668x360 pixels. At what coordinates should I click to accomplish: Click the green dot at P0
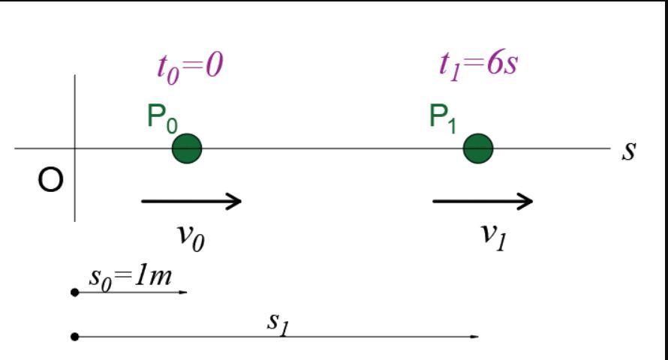187,148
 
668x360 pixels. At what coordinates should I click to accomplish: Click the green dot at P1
477,148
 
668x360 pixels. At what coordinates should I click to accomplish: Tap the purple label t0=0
190,68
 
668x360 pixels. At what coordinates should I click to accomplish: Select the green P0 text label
162,119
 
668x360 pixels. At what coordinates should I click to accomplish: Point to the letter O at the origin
50,181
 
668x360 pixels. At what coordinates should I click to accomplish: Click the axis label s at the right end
629,150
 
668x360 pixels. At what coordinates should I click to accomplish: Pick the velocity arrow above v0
191,200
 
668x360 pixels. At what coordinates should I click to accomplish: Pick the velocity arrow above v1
483,200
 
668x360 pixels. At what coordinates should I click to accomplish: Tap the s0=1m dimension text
130,277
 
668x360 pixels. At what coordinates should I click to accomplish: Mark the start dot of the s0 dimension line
74,292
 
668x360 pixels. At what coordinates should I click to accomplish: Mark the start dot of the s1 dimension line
74,337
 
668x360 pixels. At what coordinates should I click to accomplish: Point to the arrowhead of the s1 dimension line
474,337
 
